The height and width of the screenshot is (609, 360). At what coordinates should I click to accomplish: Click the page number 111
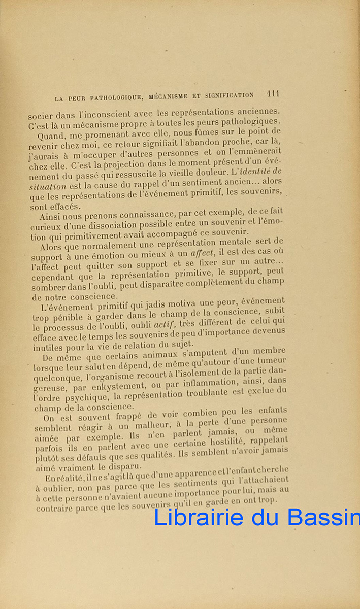[x=273, y=94]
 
